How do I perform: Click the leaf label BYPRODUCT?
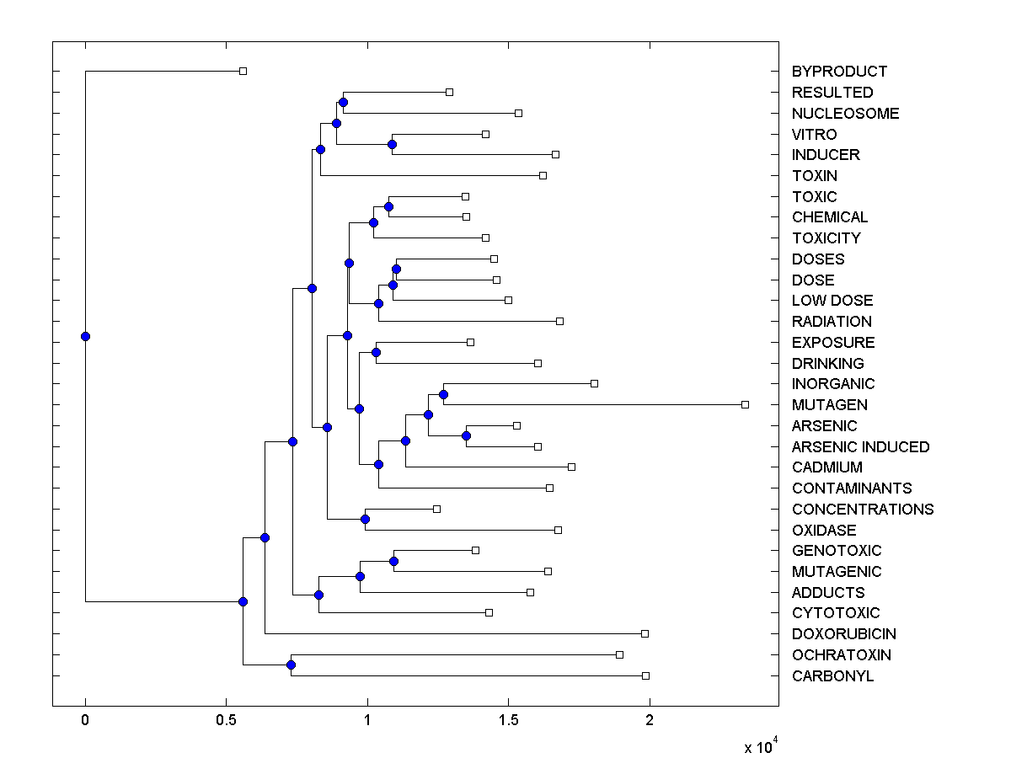[839, 72]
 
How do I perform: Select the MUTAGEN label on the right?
[829, 404]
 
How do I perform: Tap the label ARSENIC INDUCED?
[860, 446]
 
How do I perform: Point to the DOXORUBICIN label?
[843, 633]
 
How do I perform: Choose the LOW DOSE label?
[832, 300]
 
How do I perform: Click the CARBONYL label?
[832, 675]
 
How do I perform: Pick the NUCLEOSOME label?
[845, 113]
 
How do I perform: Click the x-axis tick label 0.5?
[226, 720]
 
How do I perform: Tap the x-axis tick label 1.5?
[508, 720]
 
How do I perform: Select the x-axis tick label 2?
[649, 720]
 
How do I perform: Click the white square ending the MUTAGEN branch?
[745, 404]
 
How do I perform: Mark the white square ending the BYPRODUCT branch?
[243, 71]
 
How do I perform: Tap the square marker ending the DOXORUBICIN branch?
[645, 633]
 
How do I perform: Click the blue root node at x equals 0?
[85, 336]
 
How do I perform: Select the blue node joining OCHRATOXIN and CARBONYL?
[291, 665]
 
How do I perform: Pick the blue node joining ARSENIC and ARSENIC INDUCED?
[466, 435]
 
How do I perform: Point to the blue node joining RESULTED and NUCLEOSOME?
[343, 102]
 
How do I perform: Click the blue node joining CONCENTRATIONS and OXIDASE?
[365, 519]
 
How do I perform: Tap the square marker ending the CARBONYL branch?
[645, 675]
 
